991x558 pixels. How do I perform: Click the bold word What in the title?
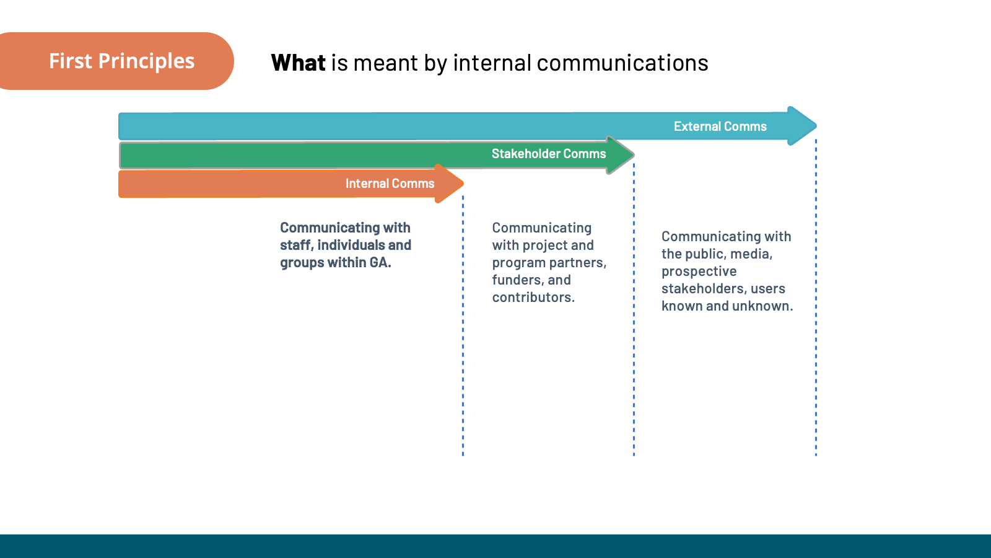tap(298, 63)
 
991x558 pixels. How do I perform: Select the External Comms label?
tap(720, 126)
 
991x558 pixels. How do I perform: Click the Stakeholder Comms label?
tap(548, 154)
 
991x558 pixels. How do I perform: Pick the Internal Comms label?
tap(390, 184)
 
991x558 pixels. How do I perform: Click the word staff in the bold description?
tap(294, 246)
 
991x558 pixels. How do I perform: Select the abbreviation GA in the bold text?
tap(378, 263)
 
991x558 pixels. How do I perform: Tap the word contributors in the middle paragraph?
tap(532, 298)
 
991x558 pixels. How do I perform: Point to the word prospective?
tap(699, 272)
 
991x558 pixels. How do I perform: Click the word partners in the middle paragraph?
tap(577, 263)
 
